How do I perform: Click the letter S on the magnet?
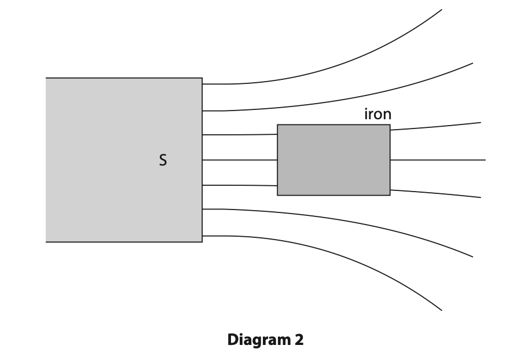(163, 160)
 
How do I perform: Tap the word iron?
(377, 114)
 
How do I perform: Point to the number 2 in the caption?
(299, 340)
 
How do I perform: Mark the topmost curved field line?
(347, 63)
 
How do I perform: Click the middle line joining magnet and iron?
(240, 160)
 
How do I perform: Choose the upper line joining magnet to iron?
(240, 135)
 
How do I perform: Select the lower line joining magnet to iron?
(240, 185)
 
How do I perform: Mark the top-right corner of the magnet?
(202, 78)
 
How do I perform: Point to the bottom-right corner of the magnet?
(202, 242)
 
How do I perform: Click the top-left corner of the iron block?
(277, 124)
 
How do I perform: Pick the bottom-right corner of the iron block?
(390, 195)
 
